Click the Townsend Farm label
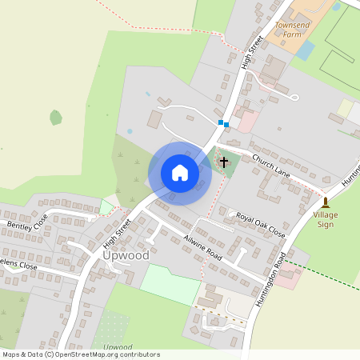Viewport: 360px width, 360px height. (291, 30)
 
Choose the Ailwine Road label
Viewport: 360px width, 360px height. (202, 246)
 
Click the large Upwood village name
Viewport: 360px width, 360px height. (126, 255)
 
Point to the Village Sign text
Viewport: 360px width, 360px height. (325, 220)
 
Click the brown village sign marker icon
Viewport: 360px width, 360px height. (326, 202)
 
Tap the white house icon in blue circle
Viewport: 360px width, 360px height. (180, 173)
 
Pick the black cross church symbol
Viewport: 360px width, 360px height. (223, 162)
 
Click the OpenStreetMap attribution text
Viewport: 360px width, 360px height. (80, 354)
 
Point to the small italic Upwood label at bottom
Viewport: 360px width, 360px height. (118, 347)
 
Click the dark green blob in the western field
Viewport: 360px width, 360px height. (55, 118)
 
